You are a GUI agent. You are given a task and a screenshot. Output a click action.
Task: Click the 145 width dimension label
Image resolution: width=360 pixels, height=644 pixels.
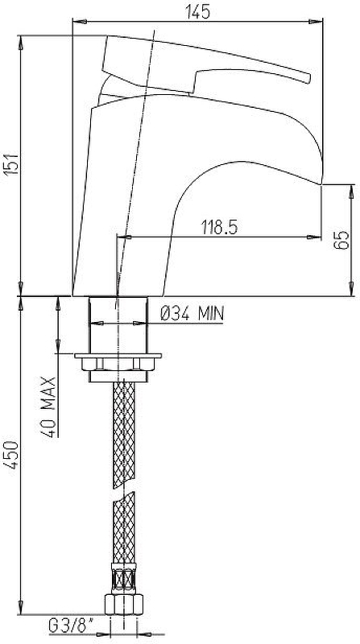click(198, 11)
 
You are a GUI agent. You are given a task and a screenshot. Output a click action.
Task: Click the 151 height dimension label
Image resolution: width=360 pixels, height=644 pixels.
click(11, 164)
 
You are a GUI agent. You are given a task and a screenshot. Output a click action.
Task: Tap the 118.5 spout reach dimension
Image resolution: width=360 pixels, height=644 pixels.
click(219, 227)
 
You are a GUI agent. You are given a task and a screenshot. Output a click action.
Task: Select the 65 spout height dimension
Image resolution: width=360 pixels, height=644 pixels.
click(341, 240)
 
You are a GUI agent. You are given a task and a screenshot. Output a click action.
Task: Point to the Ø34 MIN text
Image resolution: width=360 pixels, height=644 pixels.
click(192, 315)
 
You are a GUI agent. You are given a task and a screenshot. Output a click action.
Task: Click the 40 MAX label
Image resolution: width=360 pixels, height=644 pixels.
click(48, 407)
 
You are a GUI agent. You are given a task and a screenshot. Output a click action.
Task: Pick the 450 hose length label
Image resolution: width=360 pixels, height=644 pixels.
click(11, 455)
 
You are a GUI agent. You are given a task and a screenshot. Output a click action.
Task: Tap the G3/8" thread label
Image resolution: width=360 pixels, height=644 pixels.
click(71, 626)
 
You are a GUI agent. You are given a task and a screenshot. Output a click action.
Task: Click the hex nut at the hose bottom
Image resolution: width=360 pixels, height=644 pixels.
click(124, 604)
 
